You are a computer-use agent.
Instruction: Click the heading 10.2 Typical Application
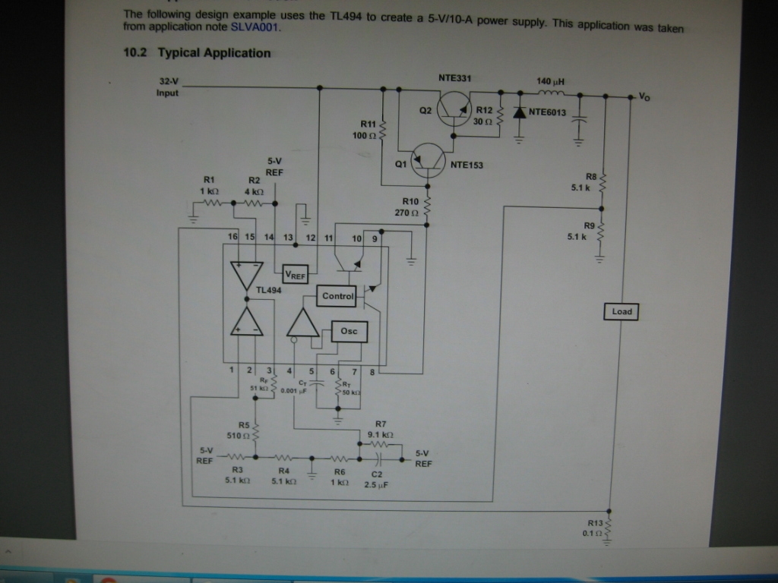tap(196, 53)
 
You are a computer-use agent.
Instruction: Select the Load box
tap(621, 311)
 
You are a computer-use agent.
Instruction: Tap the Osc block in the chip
tap(349, 331)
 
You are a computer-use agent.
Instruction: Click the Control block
tap(338, 296)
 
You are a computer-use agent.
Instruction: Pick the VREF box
tap(295, 274)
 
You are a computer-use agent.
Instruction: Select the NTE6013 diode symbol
tap(520, 112)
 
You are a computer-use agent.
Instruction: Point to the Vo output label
tap(644, 96)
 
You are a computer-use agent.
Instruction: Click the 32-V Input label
tap(168, 87)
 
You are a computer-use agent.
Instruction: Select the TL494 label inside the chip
tap(268, 290)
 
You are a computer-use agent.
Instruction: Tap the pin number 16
tap(233, 238)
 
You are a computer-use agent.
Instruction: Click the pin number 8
tap(372, 371)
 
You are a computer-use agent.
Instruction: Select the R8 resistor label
tap(591, 175)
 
